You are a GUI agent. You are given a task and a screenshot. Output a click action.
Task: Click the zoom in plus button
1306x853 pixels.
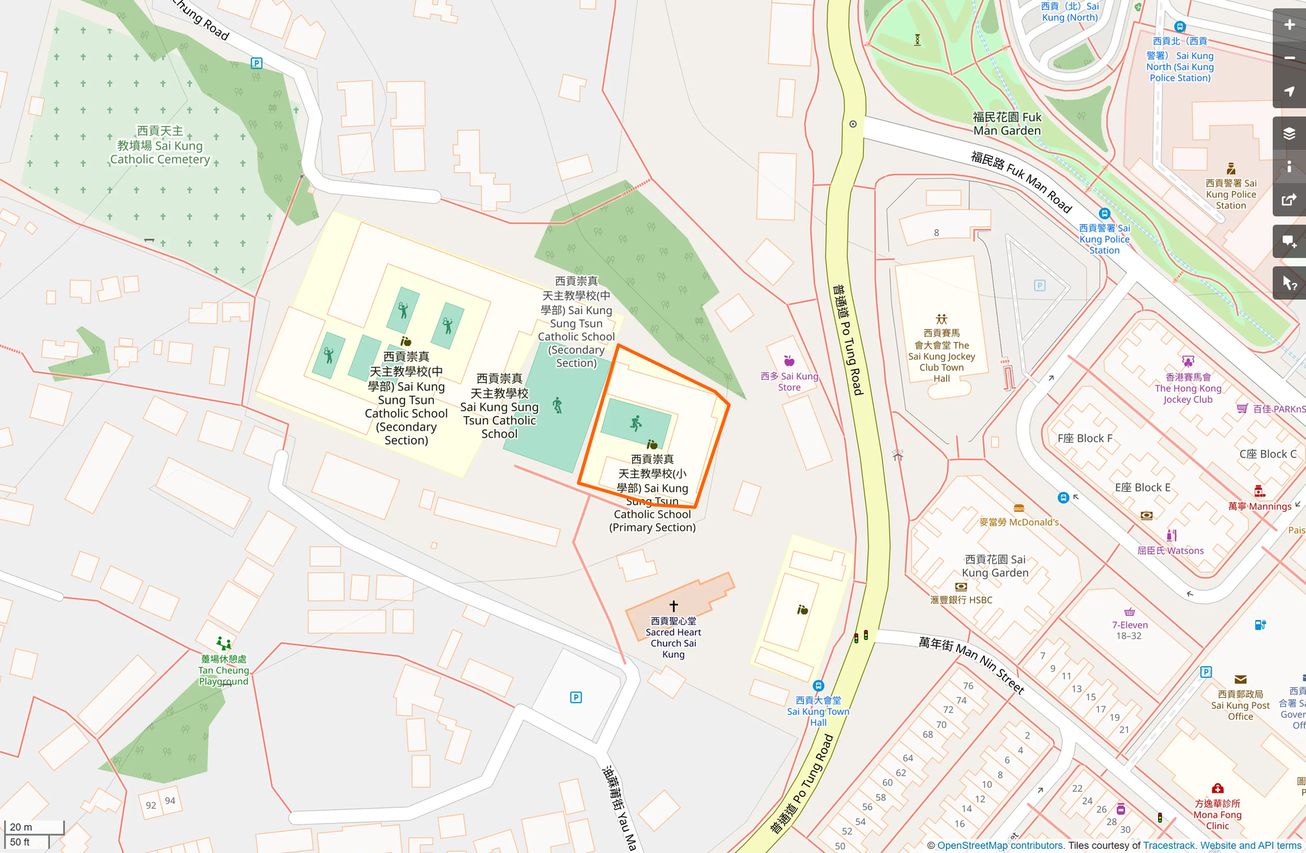(x=1289, y=25)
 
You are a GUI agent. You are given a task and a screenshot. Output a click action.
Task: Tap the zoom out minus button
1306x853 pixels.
(x=1289, y=58)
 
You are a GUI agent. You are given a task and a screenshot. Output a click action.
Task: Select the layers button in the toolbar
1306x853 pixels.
(x=1289, y=133)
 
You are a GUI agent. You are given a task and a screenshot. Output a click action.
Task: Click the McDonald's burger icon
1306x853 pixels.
(x=1018, y=508)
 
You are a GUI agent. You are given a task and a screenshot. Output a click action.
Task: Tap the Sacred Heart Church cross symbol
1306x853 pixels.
(x=673, y=606)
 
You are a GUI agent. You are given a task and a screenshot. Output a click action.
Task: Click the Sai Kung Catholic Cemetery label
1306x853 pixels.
(x=160, y=146)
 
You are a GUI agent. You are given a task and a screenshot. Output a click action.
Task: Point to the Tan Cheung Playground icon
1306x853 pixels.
(x=223, y=644)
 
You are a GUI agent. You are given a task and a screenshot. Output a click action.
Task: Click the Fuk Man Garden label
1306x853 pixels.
(x=1007, y=124)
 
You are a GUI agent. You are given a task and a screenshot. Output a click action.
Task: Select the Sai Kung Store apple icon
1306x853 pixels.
(x=789, y=361)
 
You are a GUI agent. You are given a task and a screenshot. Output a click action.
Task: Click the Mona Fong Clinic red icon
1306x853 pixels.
(x=1217, y=789)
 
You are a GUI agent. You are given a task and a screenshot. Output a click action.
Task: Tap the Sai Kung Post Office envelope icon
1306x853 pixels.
(x=1240, y=680)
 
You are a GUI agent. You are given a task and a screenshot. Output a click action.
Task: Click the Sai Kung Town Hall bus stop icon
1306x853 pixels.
(x=818, y=686)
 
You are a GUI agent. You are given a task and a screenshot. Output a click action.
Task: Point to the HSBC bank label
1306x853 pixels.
(x=961, y=600)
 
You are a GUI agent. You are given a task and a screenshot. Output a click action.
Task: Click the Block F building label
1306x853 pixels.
(x=1084, y=438)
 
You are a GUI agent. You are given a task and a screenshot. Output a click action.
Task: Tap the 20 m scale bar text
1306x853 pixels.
(x=21, y=827)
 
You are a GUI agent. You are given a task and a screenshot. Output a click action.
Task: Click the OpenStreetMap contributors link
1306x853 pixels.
(x=1000, y=845)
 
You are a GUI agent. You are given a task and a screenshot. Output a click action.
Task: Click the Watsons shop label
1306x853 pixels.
(x=1170, y=551)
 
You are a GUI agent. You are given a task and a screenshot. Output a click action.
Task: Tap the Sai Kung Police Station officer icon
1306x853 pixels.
(x=1231, y=169)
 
